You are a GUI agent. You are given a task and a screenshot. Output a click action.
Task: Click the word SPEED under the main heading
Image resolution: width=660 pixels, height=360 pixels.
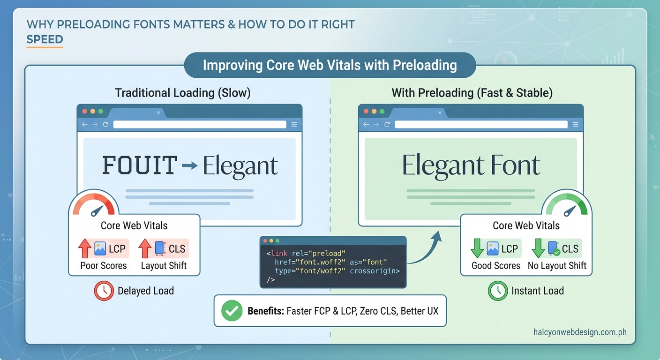point(45,39)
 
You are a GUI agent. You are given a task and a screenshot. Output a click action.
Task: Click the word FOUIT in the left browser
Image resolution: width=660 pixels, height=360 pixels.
point(139,165)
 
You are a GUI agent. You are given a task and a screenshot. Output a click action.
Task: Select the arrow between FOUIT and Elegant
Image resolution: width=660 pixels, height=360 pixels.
point(189,165)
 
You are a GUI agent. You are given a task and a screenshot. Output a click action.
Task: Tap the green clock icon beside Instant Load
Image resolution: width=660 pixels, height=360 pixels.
point(497,291)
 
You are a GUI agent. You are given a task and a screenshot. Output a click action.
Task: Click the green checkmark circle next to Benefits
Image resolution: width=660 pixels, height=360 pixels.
point(231,311)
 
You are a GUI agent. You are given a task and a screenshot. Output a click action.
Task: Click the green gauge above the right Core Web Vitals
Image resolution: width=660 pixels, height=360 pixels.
point(566,205)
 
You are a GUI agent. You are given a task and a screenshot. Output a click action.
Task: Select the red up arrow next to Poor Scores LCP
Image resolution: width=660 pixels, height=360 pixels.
point(84,248)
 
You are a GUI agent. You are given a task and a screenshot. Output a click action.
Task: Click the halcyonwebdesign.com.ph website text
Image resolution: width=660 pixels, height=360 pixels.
point(580,332)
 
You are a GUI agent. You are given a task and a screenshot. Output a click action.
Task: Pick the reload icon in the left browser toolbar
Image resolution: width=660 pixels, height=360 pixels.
point(105,125)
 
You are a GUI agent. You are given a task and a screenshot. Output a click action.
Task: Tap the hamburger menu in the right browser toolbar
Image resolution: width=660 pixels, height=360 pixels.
point(575,125)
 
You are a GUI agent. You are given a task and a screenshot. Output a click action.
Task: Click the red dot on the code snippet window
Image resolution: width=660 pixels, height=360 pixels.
point(266,240)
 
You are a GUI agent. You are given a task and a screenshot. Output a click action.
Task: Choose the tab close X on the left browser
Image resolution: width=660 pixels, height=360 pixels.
point(158,113)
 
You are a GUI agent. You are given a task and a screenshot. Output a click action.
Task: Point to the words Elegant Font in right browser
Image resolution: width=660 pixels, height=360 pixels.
point(471,165)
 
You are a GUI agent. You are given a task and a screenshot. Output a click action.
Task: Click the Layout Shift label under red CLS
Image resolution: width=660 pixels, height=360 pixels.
point(164,266)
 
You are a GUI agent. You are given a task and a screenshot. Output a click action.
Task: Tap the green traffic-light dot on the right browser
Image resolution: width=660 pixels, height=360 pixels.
point(382,112)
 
